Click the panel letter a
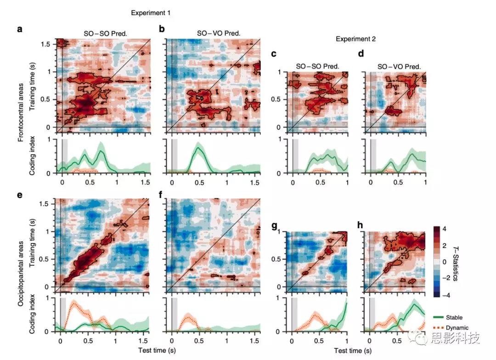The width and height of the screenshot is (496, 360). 19,29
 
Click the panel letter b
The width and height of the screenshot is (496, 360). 162,29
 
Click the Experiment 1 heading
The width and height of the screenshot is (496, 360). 151,13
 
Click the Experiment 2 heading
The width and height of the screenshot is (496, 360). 355,39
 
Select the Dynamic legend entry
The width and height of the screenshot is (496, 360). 456,327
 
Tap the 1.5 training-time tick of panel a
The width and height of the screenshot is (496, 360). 47,44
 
